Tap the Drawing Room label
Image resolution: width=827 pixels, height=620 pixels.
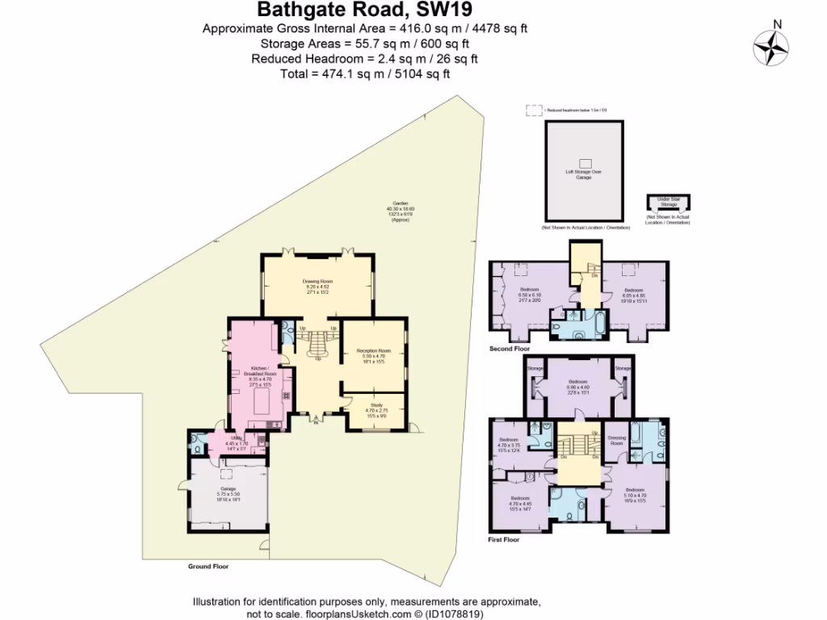318,284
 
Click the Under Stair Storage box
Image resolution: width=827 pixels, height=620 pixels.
668,202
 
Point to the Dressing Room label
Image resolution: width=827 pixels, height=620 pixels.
616,442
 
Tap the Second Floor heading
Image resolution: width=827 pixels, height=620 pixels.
509,349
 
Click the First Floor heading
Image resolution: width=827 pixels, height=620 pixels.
504,538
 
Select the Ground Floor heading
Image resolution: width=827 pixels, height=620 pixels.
208,566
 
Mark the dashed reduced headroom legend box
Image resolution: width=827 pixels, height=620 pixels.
533,109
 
